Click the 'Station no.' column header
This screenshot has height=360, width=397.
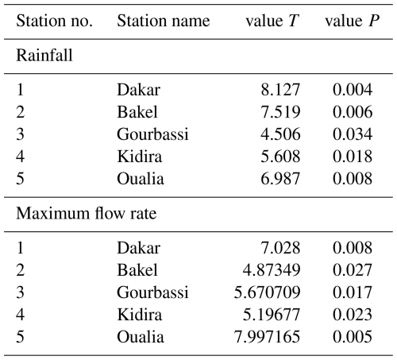(54, 21)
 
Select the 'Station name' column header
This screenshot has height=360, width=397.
(164, 21)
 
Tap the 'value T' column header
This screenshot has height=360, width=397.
(272, 21)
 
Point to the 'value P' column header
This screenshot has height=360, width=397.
(353, 21)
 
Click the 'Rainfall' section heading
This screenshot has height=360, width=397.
(44, 56)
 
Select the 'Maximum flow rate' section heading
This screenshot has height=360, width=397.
(87, 213)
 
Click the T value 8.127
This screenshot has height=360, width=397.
(280, 90)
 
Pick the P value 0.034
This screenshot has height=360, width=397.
(353, 134)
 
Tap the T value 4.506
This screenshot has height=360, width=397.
(280, 134)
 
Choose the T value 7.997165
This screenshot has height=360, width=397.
(267, 337)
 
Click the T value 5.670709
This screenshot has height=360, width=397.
(267, 292)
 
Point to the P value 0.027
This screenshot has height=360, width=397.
(353, 270)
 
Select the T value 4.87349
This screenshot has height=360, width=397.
(272, 270)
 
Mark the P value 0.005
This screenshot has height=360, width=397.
(353, 337)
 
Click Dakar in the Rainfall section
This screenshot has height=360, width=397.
(139, 90)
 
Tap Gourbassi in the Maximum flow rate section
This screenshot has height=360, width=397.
(152, 292)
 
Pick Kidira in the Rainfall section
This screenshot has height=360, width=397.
(140, 157)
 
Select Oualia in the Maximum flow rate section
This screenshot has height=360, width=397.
(141, 337)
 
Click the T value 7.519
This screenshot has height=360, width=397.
(280, 112)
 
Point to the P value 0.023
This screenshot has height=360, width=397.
(353, 315)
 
